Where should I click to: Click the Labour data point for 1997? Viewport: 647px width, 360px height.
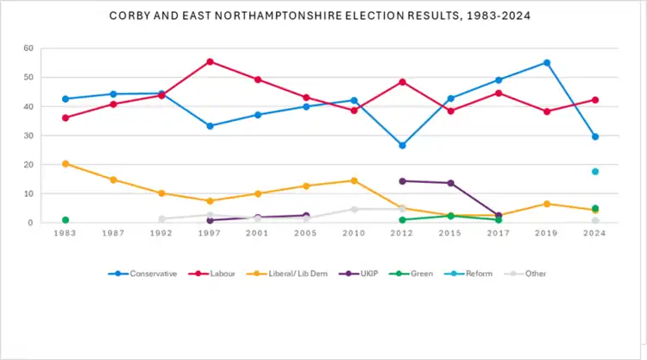pyautogui.click(x=210, y=61)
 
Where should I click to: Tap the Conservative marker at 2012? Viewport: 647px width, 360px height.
pyautogui.click(x=403, y=145)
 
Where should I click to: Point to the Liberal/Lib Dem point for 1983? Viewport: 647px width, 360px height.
pyautogui.click(x=66, y=163)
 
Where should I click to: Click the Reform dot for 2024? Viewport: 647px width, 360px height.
pyautogui.click(x=595, y=171)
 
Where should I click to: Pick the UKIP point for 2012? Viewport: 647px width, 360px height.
pyautogui.click(x=403, y=180)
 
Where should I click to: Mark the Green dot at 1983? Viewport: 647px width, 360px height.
pyautogui.click(x=66, y=220)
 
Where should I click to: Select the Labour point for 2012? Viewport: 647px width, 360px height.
pyautogui.click(x=403, y=82)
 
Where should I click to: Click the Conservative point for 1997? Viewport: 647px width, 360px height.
pyautogui.click(x=210, y=126)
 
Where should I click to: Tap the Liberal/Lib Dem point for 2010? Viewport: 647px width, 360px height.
pyautogui.click(x=355, y=180)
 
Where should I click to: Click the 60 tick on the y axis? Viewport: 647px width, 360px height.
pyautogui.click(x=30, y=48)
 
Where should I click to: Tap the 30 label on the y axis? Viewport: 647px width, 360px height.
pyautogui.click(x=30, y=136)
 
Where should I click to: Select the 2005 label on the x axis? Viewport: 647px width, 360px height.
pyautogui.click(x=306, y=234)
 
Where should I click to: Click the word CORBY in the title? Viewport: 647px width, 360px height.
pyautogui.click(x=130, y=16)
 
